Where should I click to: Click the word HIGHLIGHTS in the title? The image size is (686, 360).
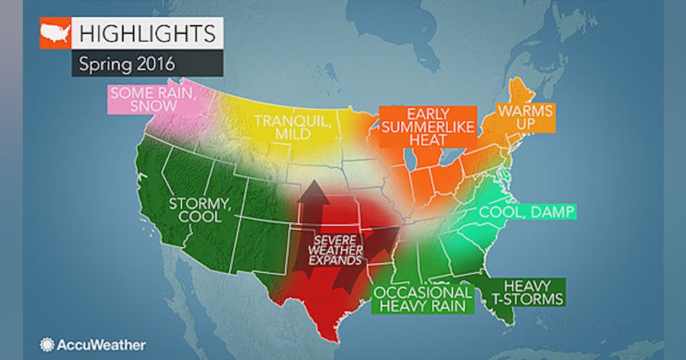point(147,33)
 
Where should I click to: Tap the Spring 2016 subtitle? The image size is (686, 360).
point(126,63)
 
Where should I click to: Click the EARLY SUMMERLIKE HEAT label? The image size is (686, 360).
point(427,127)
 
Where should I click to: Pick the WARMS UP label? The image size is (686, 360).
point(517,117)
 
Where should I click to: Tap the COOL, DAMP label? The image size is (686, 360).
point(527,213)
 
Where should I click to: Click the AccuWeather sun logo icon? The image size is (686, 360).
point(46,345)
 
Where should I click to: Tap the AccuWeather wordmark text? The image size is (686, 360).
point(101,345)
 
